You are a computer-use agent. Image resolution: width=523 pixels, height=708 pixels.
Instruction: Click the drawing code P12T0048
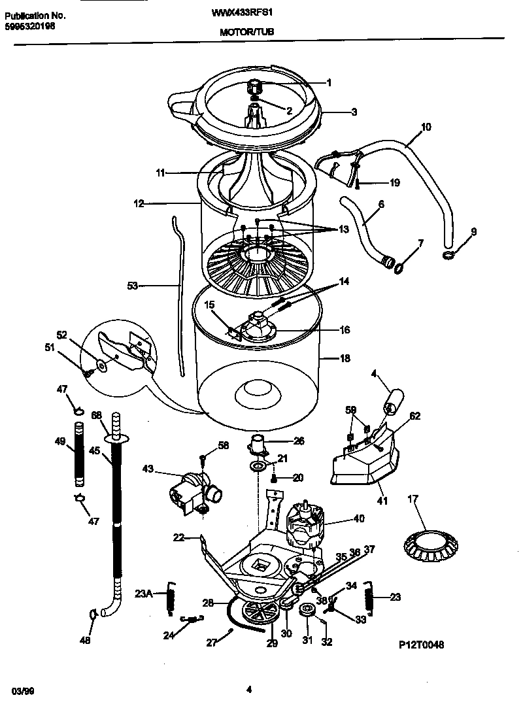click(422, 644)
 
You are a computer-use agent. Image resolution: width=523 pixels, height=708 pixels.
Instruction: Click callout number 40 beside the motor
click(359, 520)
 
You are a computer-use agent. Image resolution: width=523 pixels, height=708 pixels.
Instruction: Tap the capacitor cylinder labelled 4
click(394, 399)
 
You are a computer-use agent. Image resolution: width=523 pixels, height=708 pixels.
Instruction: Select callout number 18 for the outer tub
click(346, 358)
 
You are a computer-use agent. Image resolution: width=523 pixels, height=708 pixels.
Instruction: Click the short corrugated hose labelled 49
click(80, 456)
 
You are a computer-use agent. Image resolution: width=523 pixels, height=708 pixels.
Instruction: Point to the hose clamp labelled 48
click(92, 613)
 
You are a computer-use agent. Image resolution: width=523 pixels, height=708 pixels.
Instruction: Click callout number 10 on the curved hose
click(426, 127)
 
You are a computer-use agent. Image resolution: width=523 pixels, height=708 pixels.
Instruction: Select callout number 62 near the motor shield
click(415, 415)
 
